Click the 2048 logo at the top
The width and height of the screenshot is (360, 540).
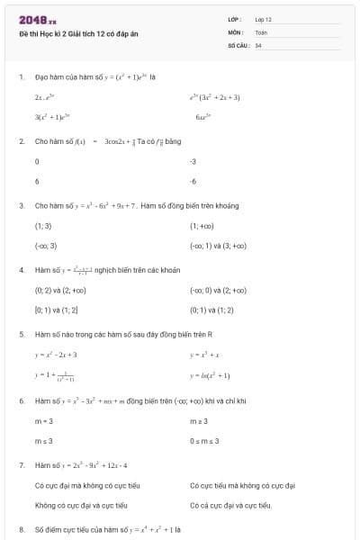coord(37,19)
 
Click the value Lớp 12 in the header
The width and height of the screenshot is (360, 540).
coord(263,19)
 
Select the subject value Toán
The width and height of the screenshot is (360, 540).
coord(261,31)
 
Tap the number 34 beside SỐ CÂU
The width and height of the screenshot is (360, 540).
coord(258,44)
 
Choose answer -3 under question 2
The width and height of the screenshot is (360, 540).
coord(193,162)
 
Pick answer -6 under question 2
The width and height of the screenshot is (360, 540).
coord(193,181)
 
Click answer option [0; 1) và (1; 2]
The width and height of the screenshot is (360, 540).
coord(56,310)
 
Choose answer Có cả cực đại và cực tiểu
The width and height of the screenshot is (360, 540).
coord(231,505)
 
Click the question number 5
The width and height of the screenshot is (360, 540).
coord(21,334)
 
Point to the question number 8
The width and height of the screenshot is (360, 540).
coord(21,529)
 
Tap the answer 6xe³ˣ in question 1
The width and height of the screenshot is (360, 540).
coord(202,117)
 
